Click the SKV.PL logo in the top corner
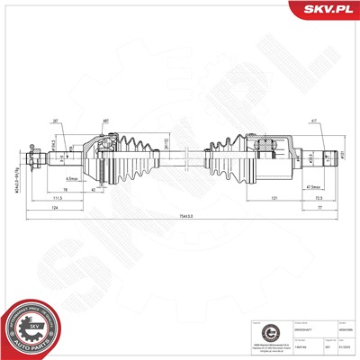(330, 10)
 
